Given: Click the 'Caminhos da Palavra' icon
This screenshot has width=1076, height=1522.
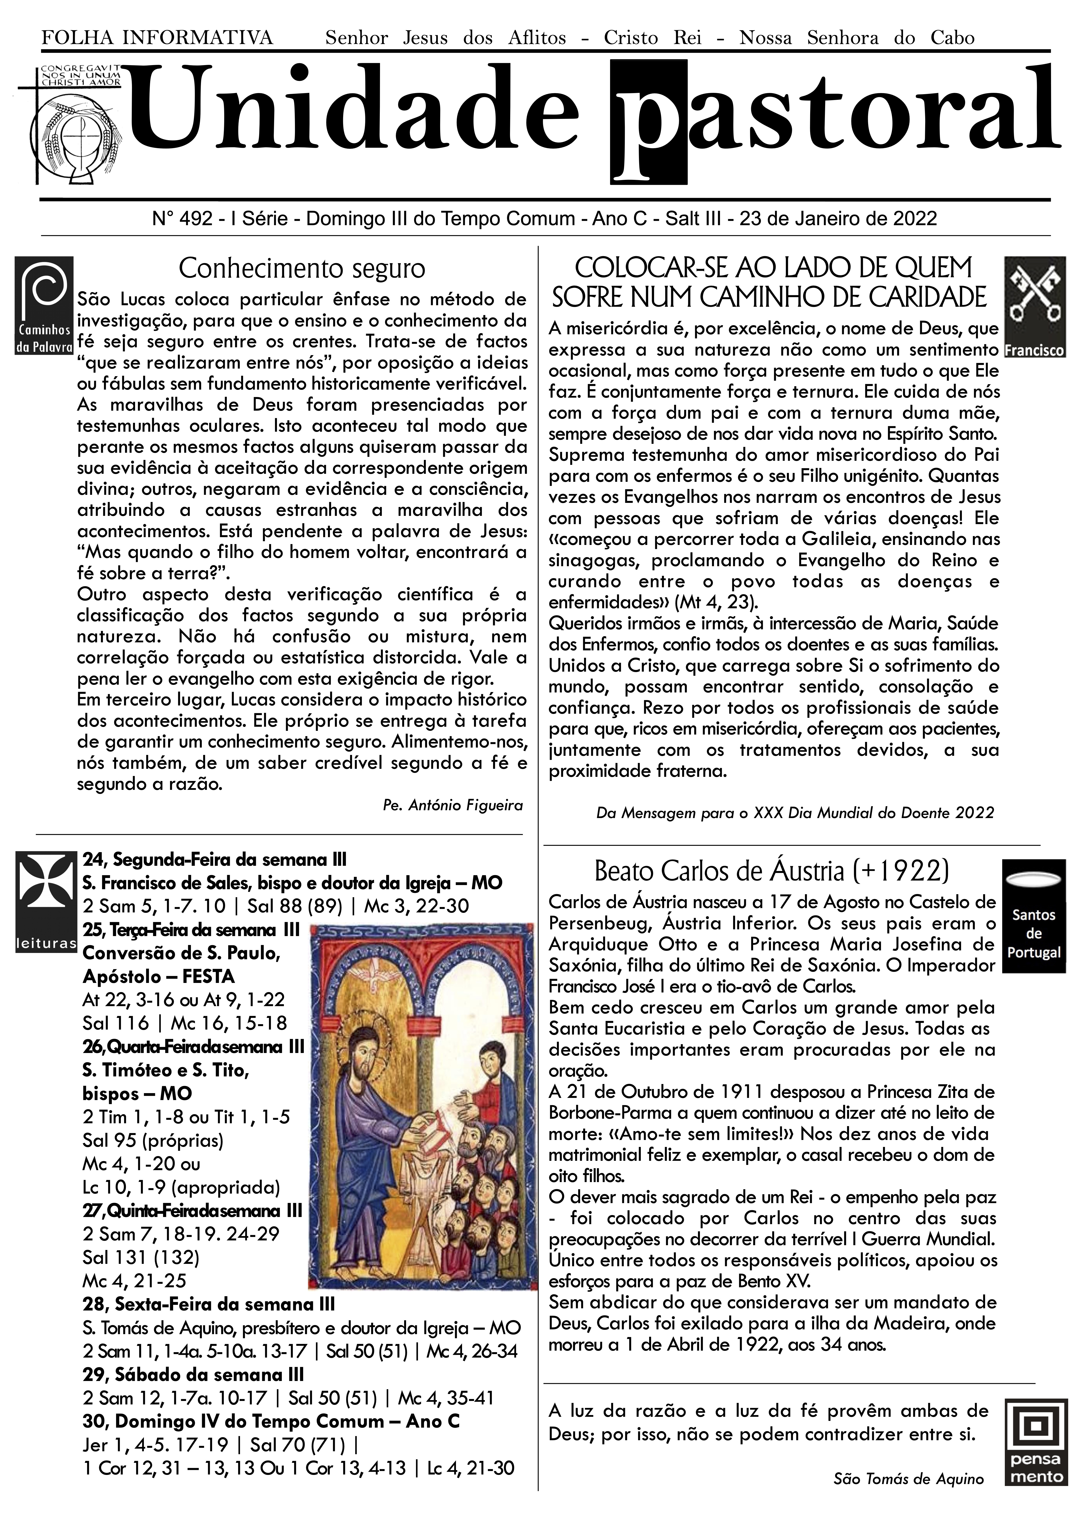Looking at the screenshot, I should (44, 306).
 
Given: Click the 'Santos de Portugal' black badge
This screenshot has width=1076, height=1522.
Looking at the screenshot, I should (1033, 915).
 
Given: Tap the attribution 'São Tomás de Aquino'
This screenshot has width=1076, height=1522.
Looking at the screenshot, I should (908, 1479).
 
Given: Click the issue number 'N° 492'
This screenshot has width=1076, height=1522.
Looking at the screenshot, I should (182, 219).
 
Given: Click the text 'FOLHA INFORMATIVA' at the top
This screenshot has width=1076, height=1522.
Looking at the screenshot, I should (157, 38).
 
